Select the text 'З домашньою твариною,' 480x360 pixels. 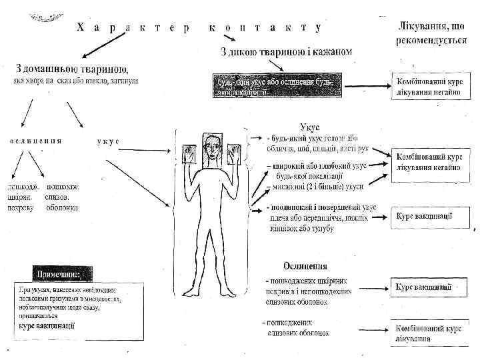tap(73, 69)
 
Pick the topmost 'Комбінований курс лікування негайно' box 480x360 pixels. tap(431, 86)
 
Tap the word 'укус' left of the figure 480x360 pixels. tap(108, 141)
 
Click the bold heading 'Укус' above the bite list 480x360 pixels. tap(311, 126)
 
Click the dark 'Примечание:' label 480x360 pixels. tap(63, 274)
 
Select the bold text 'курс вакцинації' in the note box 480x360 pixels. tap(47, 325)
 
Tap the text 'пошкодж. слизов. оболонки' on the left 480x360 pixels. tap(63, 197)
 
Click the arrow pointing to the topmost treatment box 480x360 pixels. tap(366, 85)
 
